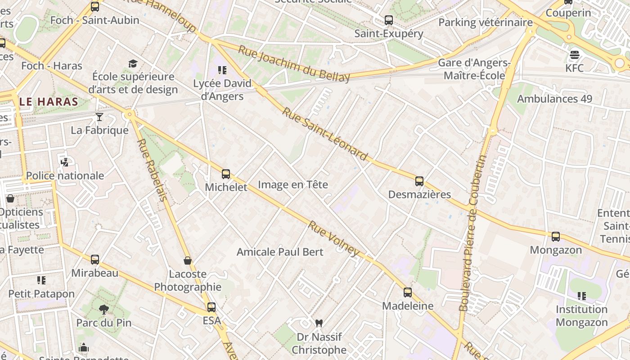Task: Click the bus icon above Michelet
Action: [226, 174]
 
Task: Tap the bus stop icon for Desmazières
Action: [419, 181]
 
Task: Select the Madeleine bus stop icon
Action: [408, 292]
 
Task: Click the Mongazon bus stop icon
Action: [556, 237]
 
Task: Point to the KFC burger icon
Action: [574, 55]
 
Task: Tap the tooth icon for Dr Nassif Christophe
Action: [319, 323]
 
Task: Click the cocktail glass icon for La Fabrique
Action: [99, 117]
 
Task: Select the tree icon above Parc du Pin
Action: [104, 310]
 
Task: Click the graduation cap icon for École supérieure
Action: [133, 63]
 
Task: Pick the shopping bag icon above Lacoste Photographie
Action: [188, 261]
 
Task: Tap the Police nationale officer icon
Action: [65, 162]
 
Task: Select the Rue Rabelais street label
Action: [152, 170]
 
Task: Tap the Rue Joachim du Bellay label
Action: [293, 64]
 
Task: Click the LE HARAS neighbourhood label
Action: [49, 102]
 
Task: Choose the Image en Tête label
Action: [293, 184]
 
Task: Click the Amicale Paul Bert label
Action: [280, 252]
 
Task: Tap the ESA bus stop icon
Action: [211, 307]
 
